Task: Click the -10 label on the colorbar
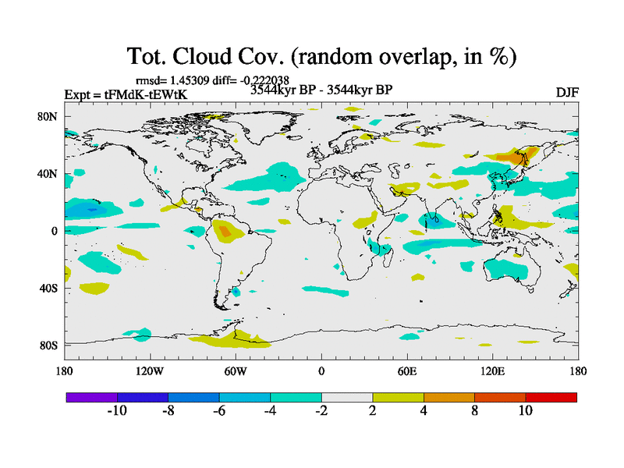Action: point(116,411)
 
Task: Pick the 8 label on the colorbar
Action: point(474,411)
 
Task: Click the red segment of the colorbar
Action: point(551,397)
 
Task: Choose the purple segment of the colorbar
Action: point(91,397)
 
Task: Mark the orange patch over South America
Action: point(225,231)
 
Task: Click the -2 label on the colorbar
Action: point(321,411)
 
